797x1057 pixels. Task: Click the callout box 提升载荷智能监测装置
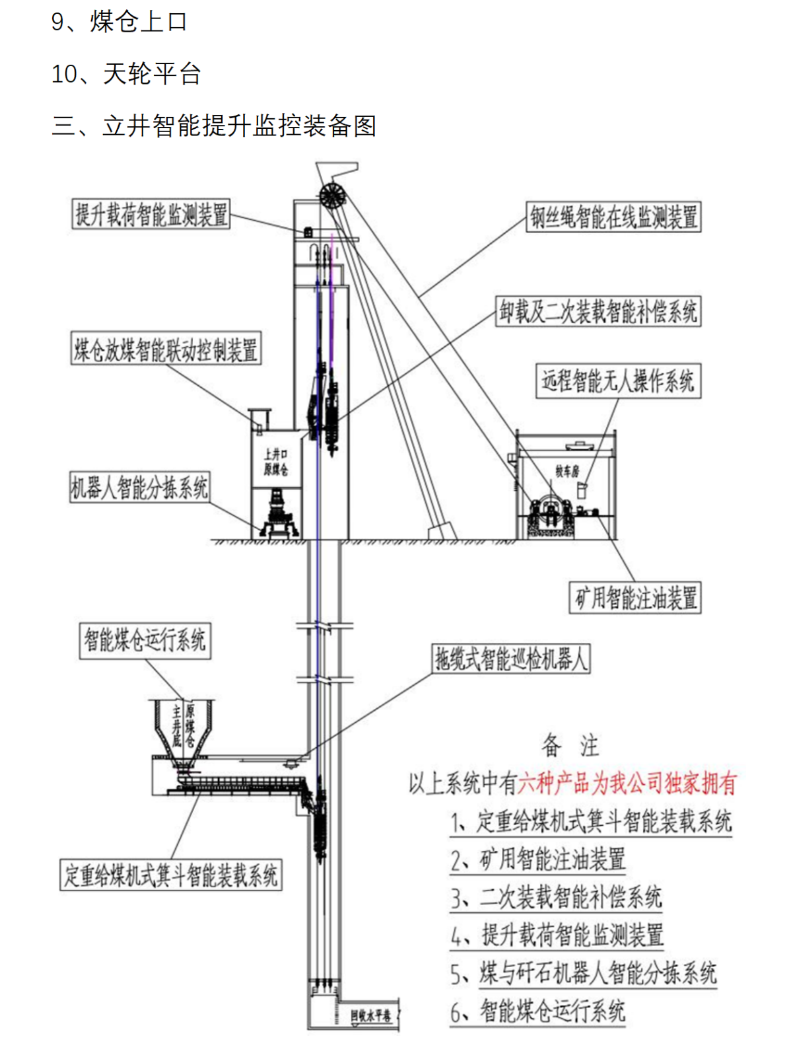pos(151,215)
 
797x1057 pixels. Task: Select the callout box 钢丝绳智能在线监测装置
pos(613,217)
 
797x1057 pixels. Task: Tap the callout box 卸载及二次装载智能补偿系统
pos(598,311)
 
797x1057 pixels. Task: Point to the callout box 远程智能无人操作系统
pos(617,381)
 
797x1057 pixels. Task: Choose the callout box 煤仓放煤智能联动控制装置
pos(166,349)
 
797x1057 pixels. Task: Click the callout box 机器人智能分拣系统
pos(139,488)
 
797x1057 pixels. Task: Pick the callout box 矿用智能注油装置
pos(635,597)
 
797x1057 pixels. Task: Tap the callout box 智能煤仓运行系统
pos(145,640)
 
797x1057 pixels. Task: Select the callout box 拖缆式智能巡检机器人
pos(510,659)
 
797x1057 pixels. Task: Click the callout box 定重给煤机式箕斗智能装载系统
pos(170,875)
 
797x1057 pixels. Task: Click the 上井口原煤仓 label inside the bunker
pos(275,462)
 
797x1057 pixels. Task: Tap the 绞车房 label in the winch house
pos(567,471)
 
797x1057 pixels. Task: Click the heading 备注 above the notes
pos(570,746)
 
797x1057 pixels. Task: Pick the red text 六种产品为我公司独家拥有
pos(627,784)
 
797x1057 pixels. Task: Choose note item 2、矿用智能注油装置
pos(537,859)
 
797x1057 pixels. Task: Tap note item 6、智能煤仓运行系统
pos(537,1011)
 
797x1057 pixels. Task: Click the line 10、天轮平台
pos(126,73)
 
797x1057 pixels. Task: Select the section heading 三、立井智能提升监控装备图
pos(214,126)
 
